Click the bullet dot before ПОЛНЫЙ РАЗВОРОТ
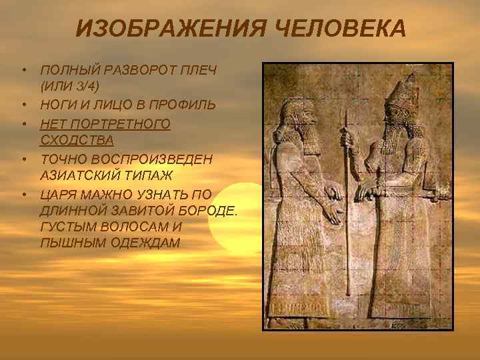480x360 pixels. tap(23, 70)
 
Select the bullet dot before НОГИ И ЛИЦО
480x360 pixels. tap(23, 105)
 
